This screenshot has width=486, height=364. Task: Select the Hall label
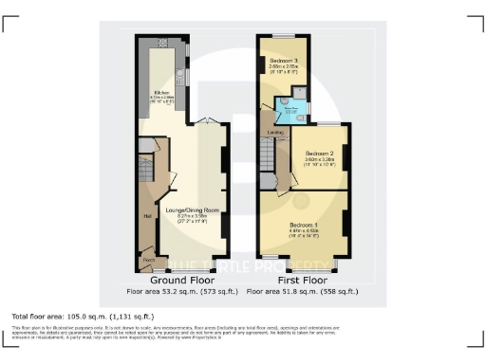click(147, 216)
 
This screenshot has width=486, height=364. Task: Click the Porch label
click(148, 258)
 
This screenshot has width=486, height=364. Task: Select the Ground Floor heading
click(181, 282)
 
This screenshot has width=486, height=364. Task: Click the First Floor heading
click(303, 282)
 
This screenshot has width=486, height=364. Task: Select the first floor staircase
click(269, 152)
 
